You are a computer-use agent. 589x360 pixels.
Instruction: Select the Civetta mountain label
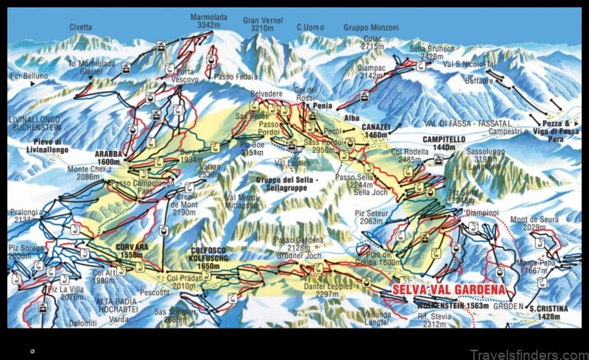[81, 27]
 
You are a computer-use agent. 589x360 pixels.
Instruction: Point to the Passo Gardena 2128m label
[296, 244]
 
